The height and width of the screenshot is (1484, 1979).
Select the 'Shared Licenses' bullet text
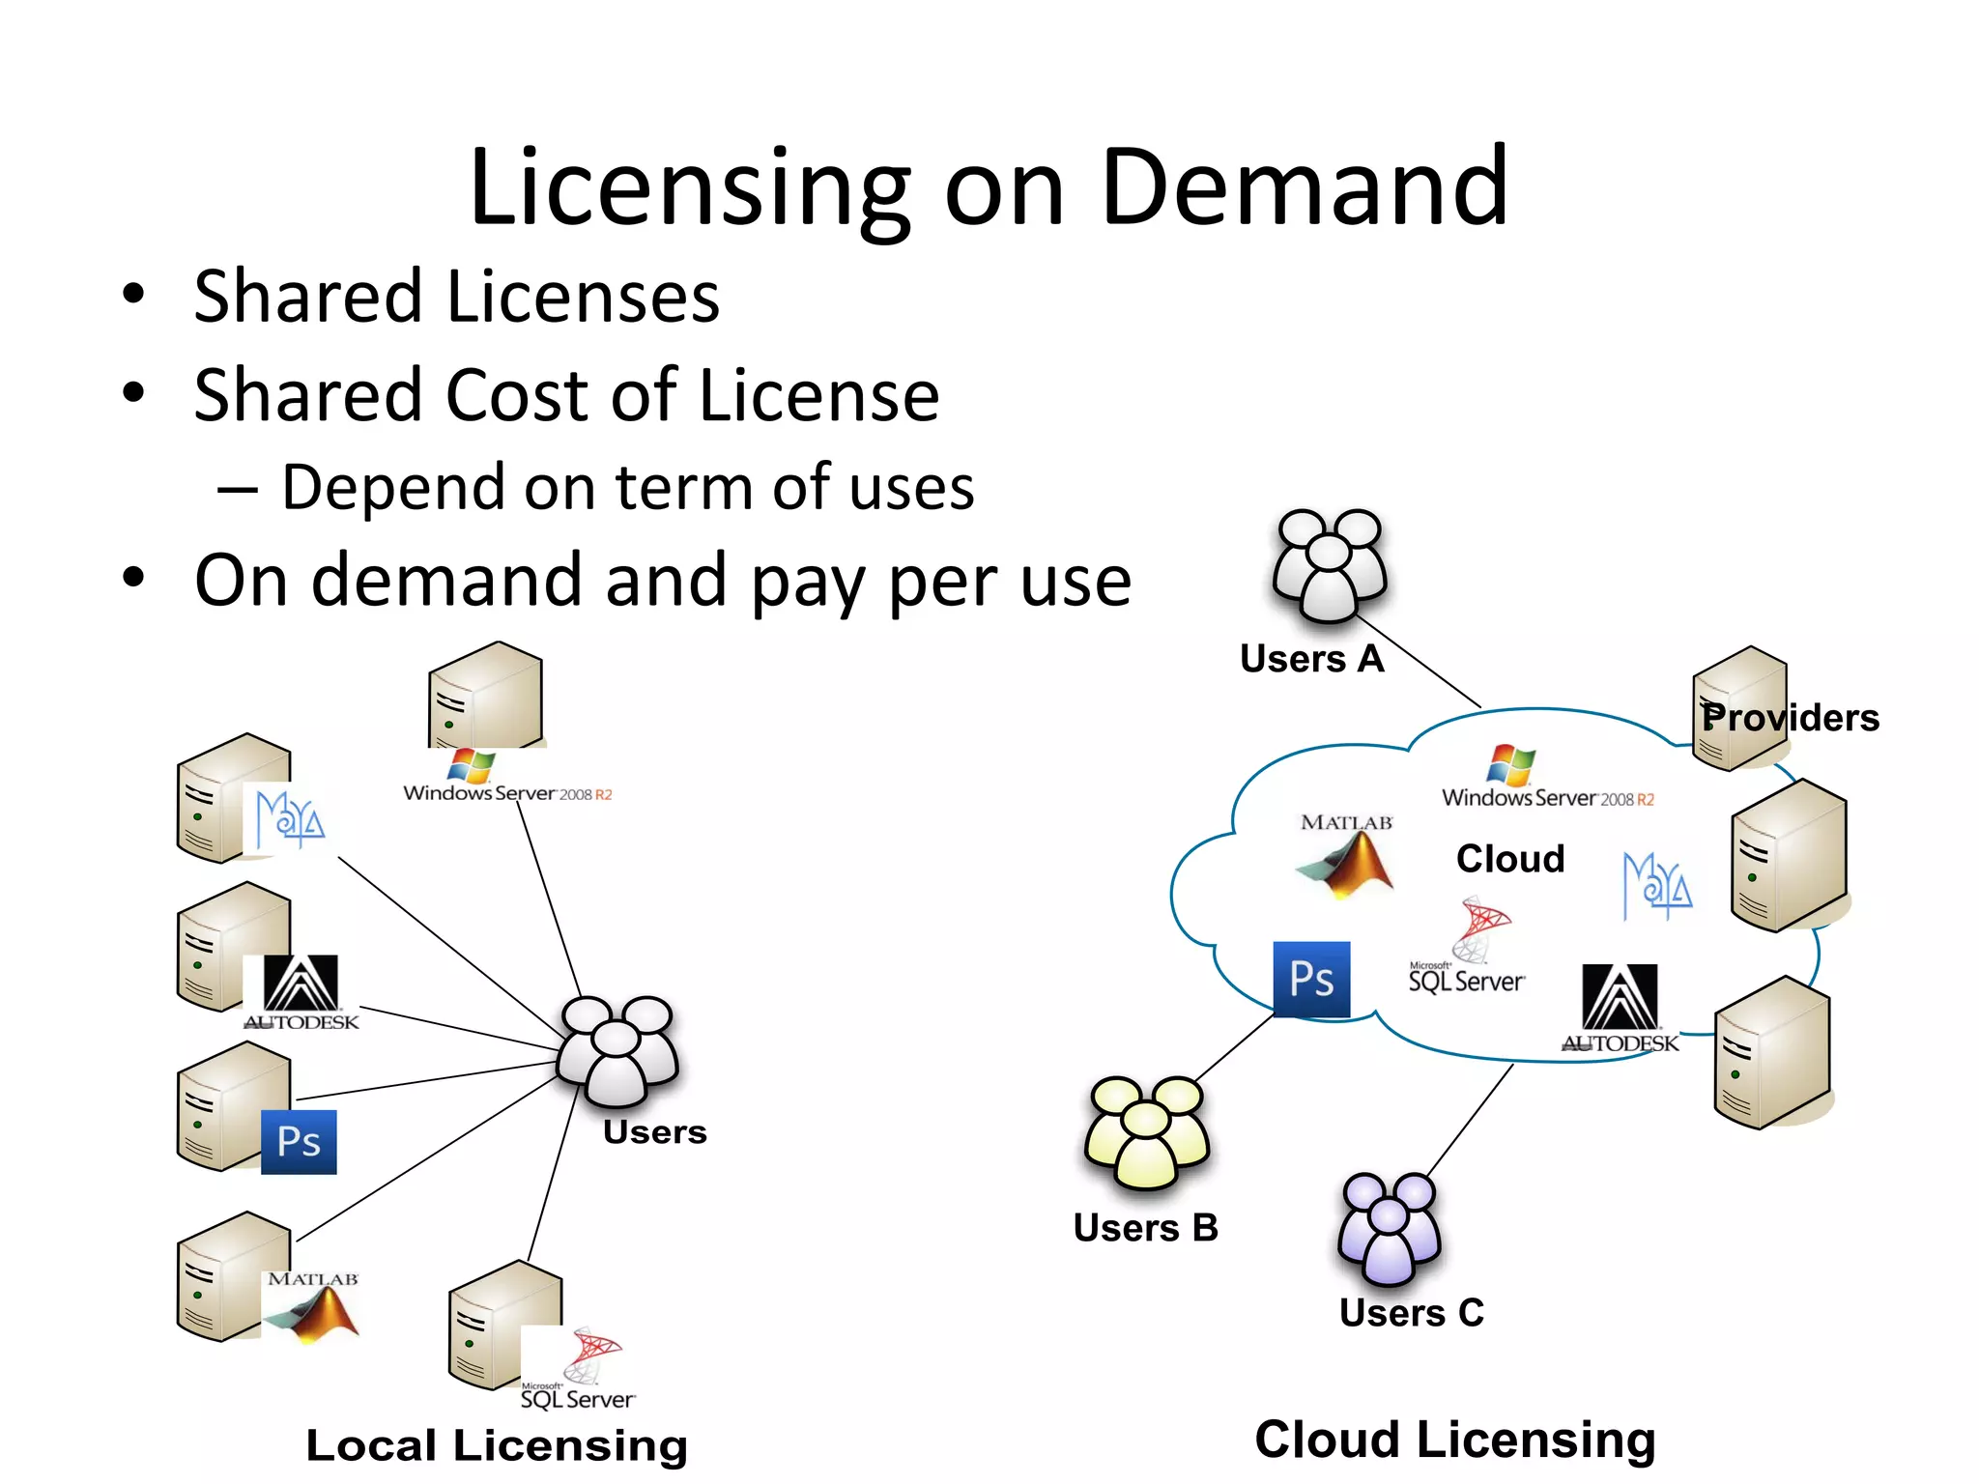point(456,296)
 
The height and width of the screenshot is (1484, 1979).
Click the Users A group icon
point(1330,565)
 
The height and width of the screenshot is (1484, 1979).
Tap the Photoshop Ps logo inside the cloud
point(1311,979)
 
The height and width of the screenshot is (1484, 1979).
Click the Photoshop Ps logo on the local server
point(299,1142)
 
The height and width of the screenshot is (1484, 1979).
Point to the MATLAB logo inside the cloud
point(1346,855)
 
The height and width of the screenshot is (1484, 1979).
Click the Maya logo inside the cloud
point(1656,885)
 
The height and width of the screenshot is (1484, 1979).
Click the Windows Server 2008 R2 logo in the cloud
point(1547,778)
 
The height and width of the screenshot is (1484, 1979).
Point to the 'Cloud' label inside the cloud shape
point(1509,858)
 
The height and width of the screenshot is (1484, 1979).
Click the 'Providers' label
point(1791,718)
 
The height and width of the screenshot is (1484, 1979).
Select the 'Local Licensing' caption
point(497,1445)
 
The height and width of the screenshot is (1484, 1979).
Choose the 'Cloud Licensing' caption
point(1455,1440)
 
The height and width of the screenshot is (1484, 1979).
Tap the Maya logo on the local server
point(289,820)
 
